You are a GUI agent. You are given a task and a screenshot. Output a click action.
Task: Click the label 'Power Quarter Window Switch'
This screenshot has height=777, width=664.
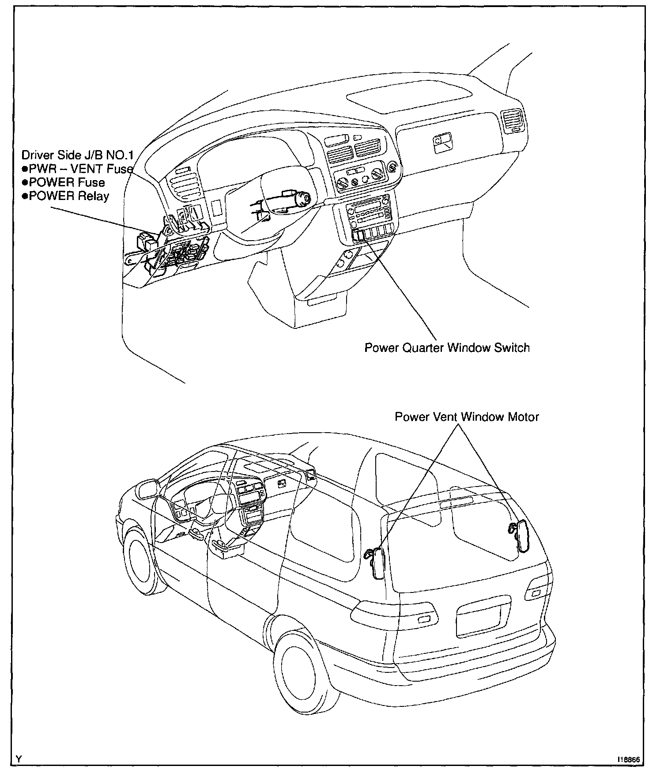447,348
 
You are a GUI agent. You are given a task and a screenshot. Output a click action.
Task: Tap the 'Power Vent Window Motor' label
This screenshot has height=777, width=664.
467,417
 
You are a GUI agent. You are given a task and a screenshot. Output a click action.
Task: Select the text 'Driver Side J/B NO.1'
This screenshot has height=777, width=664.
78,155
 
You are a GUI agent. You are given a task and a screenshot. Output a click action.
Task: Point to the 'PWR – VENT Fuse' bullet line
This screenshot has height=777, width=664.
78,169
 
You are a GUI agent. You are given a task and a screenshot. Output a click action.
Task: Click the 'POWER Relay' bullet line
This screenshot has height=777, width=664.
66,196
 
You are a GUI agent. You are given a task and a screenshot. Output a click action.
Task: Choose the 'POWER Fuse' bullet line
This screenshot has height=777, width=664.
64,182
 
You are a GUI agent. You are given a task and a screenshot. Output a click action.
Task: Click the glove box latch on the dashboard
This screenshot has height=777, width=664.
442,142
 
